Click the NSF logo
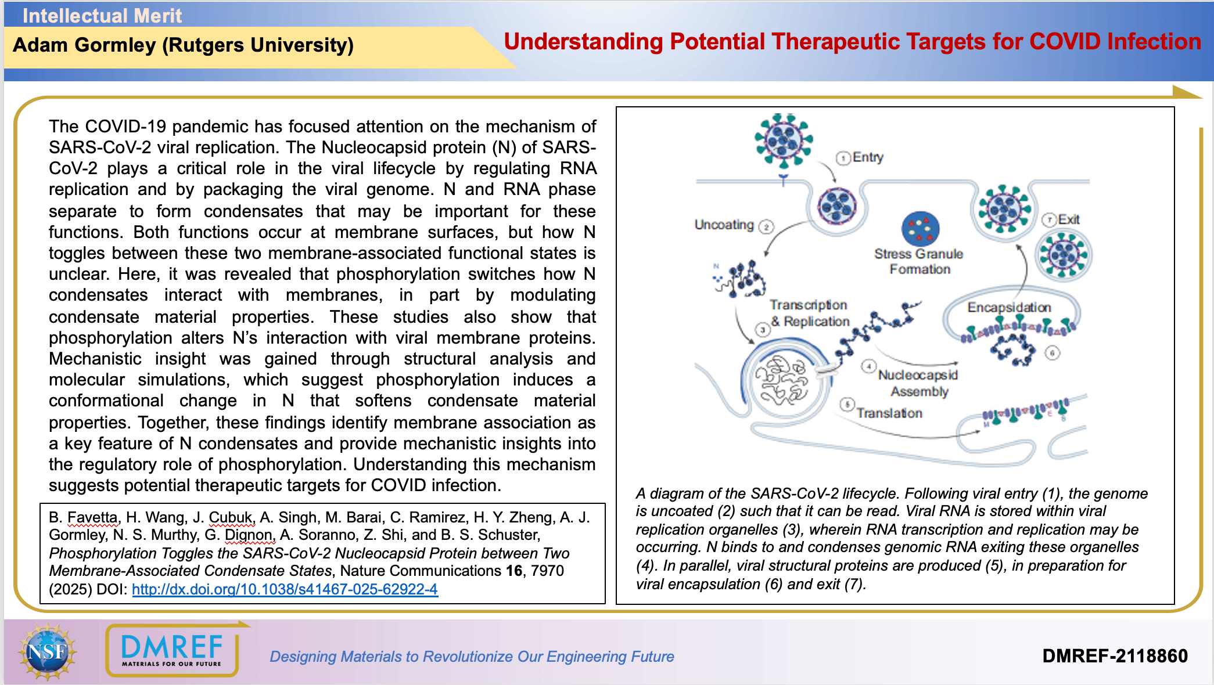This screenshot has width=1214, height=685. pos(48,651)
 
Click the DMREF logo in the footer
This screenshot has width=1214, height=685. pos(172,650)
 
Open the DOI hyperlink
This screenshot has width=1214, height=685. pos(285,589)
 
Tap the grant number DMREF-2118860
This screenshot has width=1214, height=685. pos(1115,656)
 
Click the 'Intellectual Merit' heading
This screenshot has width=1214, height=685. pos(102,16)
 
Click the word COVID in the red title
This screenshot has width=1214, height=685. pos(1065,42)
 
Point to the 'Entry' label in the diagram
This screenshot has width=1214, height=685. pos(868,157)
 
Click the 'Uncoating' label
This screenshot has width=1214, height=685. pos(724,225)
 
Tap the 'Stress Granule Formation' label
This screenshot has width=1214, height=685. pos(919,261)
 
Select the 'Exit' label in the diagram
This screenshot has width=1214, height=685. pos(1069,219)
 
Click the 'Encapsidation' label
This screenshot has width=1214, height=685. pos(1009,307)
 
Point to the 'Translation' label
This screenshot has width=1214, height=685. pos(889,413)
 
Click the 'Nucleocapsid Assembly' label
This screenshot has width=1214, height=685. pos(918,383)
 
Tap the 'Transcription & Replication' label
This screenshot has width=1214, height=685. pos(809,313)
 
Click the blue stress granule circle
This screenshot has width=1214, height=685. pos(920,229)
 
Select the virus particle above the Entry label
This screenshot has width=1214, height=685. pos(784,140)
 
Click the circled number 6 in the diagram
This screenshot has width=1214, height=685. pos(1053,352)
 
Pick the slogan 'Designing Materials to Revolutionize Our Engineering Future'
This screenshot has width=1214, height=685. pos(472,657)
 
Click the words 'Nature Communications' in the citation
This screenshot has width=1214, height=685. pos(420,571)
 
